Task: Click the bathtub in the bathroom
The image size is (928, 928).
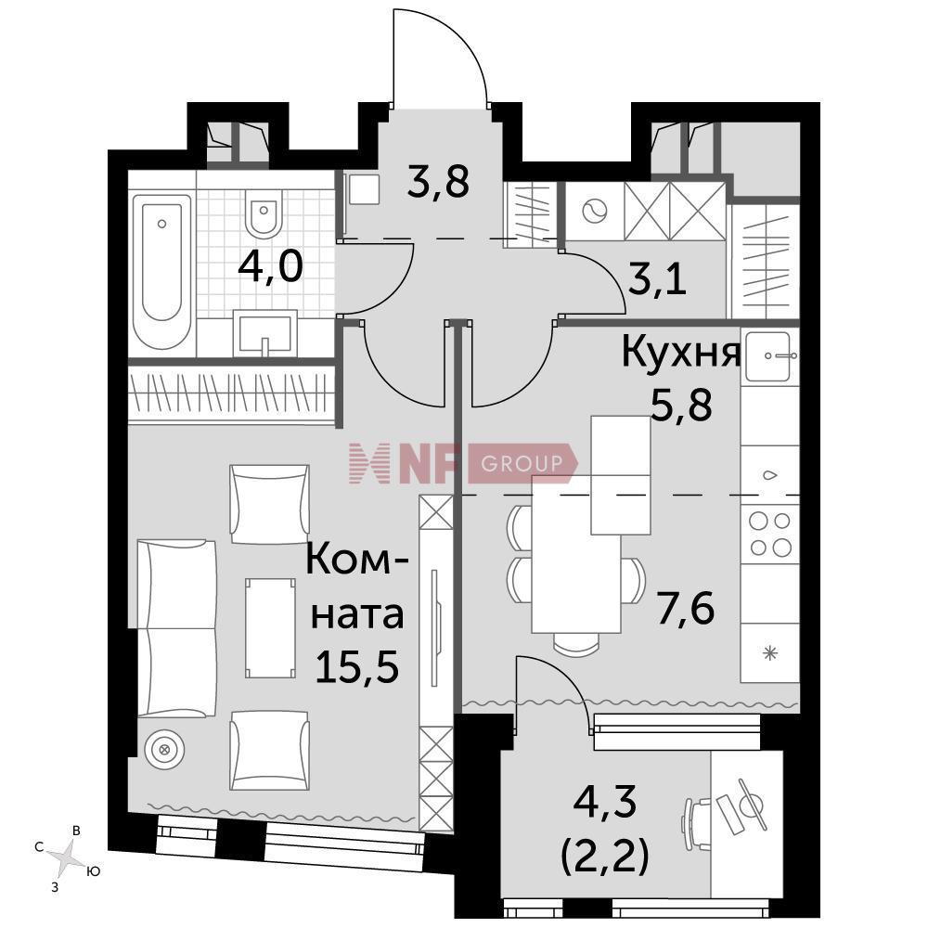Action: point(161,272)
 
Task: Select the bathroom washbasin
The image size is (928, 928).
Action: point(264,333)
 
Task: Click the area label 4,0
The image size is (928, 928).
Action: point(270,266)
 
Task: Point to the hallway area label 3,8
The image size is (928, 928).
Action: point(439,181)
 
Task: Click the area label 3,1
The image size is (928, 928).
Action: point(657,278)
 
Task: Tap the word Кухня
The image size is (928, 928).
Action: point(680,353)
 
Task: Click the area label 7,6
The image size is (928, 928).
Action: point(686,609)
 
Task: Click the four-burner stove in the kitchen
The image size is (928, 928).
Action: point(770,535)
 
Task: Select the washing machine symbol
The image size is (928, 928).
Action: point(595,211)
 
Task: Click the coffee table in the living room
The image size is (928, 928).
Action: point(270,628)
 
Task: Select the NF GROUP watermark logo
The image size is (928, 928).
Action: point(462,463)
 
